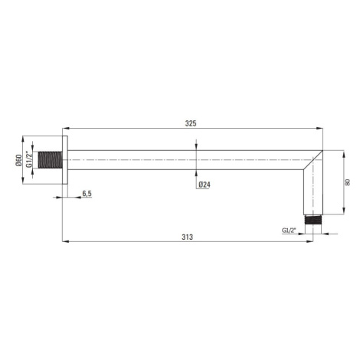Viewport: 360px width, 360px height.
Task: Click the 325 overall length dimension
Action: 191,123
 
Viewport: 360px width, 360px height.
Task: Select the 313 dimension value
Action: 188,237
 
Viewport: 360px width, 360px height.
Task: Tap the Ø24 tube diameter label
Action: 205,185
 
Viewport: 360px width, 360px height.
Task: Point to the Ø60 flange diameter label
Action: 18,160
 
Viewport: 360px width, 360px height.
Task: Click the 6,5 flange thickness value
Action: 87,194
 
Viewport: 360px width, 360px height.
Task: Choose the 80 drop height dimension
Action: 347,182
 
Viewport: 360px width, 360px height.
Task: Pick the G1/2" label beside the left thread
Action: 29,160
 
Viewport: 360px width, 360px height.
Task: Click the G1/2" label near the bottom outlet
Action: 289,231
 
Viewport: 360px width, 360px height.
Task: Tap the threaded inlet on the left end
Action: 51,160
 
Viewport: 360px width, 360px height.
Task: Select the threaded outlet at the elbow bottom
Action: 313,220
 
